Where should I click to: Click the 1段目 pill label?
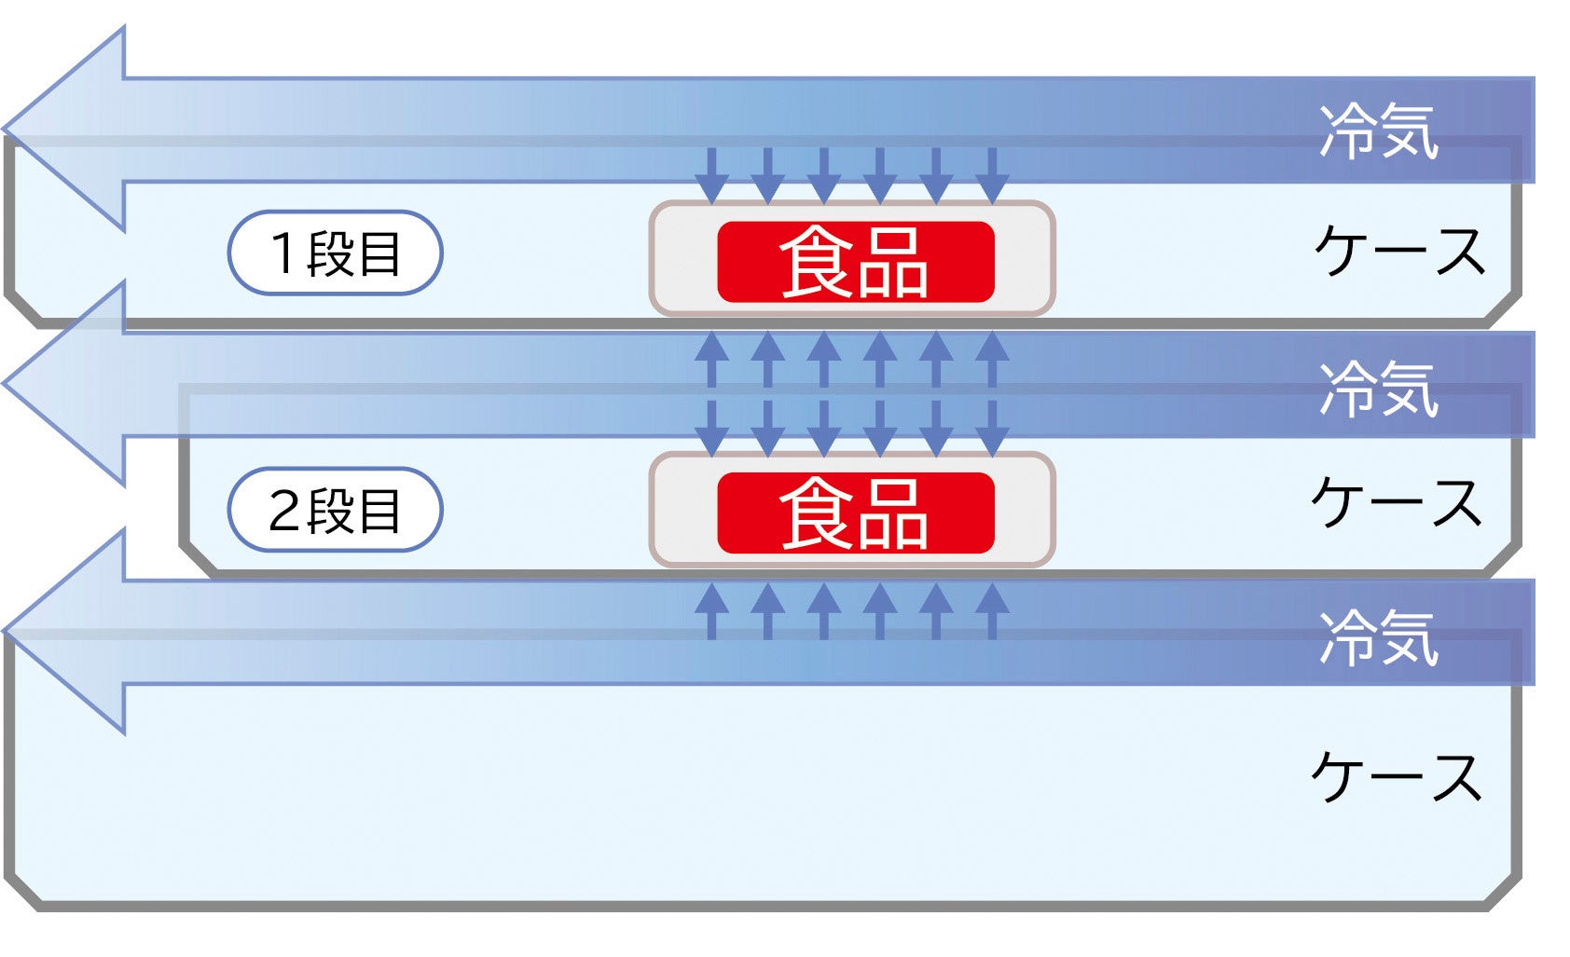coord(335,253)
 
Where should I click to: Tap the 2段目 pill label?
coord(335,510)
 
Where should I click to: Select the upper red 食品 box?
coord(855,262)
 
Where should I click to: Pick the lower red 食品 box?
coord(855,513)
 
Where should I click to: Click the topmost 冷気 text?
coord(1378,131)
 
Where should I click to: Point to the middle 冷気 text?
coord(1378,388)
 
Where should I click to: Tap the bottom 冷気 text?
coord(1378,638)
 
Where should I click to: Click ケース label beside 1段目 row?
coord(1398,252)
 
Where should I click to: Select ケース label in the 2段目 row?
coord(1396,503)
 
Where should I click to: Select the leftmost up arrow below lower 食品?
coord(711,610)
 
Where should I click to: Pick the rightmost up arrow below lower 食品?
coord(992,610)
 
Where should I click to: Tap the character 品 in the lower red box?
coord(893,514)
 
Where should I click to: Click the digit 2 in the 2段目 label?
coord(283,511)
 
